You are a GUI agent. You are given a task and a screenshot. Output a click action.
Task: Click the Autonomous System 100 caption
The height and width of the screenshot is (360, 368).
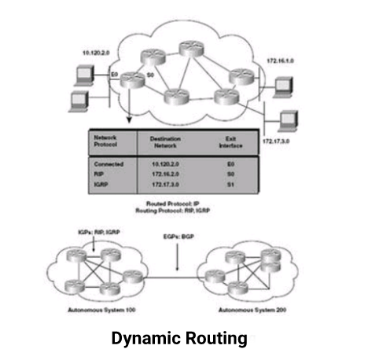tap(94, 312)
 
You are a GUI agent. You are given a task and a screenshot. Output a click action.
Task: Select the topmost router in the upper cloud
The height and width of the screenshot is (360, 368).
tap(190, 48)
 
